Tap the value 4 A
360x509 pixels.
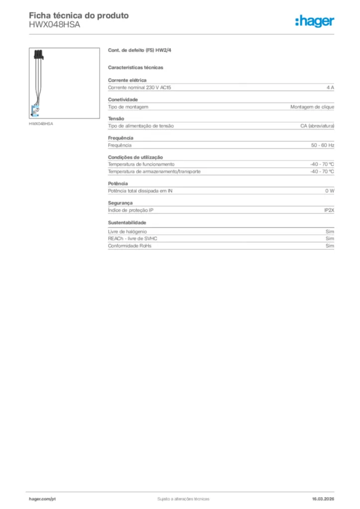click(330, 87)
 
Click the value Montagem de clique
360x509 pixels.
click(312, 107)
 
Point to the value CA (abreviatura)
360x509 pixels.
click(317, 126)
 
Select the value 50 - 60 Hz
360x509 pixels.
click(323, 145)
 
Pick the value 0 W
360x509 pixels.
click(330, 191)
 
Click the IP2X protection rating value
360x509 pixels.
click(329, 210)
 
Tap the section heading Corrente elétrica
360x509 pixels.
click(127, 80)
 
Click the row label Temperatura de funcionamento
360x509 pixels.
click(141, 164)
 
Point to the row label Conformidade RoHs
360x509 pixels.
click(130, 246)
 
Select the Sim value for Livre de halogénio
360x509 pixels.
click(330, 232)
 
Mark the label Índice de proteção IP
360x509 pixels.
click(131, 210)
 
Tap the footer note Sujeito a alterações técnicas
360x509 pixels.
click(183, 499)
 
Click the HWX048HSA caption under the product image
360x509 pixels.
click(41, 123)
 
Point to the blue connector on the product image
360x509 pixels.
click(35, 111)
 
